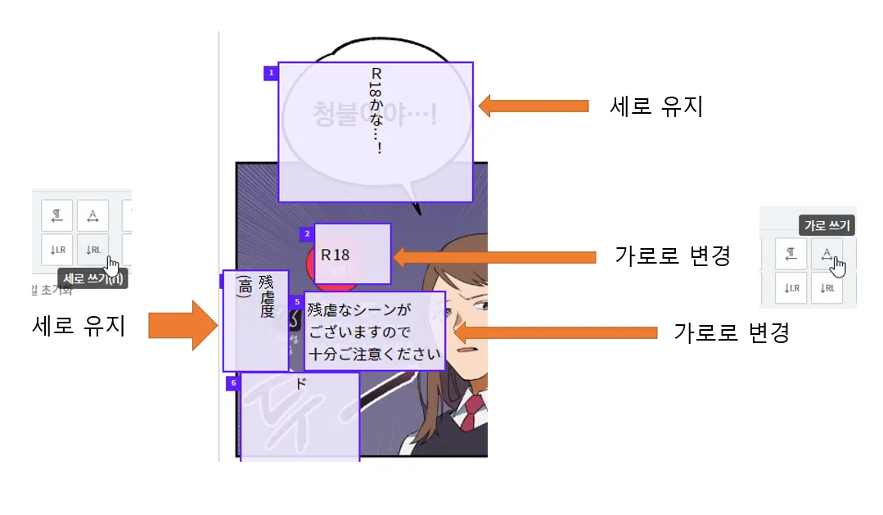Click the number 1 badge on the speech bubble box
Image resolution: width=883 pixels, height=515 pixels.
pyautogui.click(x=271, y=73)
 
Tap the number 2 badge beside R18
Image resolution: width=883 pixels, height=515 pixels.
pyautogui.click(x=307, y=234)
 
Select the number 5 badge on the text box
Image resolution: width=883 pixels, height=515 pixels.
pyautogui.click(x=296, y=302)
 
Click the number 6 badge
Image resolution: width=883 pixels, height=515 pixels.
pyautogui.click(x=232, y=382)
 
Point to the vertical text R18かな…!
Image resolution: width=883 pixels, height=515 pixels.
pyautogui.click(x=376, y=111)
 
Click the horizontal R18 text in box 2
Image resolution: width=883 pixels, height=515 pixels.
pyautogui.click(x=336, y=255)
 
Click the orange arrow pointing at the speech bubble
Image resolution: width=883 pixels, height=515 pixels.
pyautogui.click(x=533, y=106)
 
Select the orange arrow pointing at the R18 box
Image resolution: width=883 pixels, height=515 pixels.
pyautogui.click(x=494, y=256)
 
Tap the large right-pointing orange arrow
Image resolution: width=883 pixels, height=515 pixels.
pyautogui.click(x=180, y=325)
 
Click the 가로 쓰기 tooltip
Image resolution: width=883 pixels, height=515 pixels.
pyautogui.click(x=827, y=225)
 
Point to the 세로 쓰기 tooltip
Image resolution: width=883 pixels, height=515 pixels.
pyautogui.click(x=92, y=278)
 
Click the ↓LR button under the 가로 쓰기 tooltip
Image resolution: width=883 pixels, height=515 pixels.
pyautogui.click(x=791, y=287)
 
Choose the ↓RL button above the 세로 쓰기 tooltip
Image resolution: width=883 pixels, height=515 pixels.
pyautogui.click(x=92, y=250)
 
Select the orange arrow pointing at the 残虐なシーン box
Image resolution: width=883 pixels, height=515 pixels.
pyautogui.click(x=556, y=332)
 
